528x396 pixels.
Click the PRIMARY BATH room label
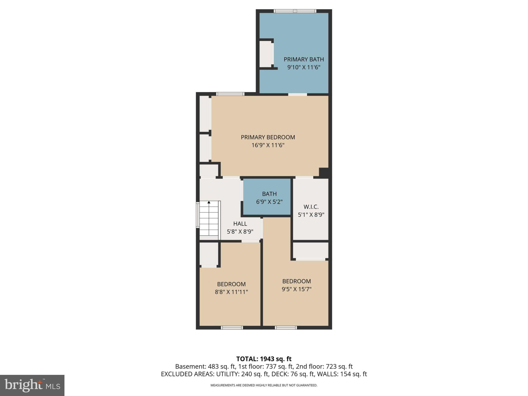[x=303, y=59]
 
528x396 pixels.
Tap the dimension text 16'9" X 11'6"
[x=268, y=145]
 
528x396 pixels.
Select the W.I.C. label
[x=311, y=207]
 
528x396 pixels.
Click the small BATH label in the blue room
[x=269, y=194]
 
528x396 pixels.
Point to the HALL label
[x=240, y=224]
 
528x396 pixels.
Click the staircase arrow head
[x=209, y=202]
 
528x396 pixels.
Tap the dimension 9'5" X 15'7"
[x=296, y=289]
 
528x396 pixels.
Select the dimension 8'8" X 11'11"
[x=231, y=292]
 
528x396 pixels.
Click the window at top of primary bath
[x=295, y=11]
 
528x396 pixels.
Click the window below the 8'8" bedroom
[x=232, y=328]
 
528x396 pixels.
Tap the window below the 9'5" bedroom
[x=286, y=328]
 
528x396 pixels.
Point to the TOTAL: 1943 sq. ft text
[x=264, y=359]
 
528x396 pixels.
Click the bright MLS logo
[x=32, y=385]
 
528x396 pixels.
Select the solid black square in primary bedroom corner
[x=324, y=172]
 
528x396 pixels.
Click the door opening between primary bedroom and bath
[x=298, y=94]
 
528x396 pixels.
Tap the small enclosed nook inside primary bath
[x=266, y=54]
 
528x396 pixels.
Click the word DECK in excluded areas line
[x=279, y=374]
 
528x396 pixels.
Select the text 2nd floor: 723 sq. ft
[x=324, y=367]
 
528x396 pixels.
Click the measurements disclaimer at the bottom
[x=264, y=385]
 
